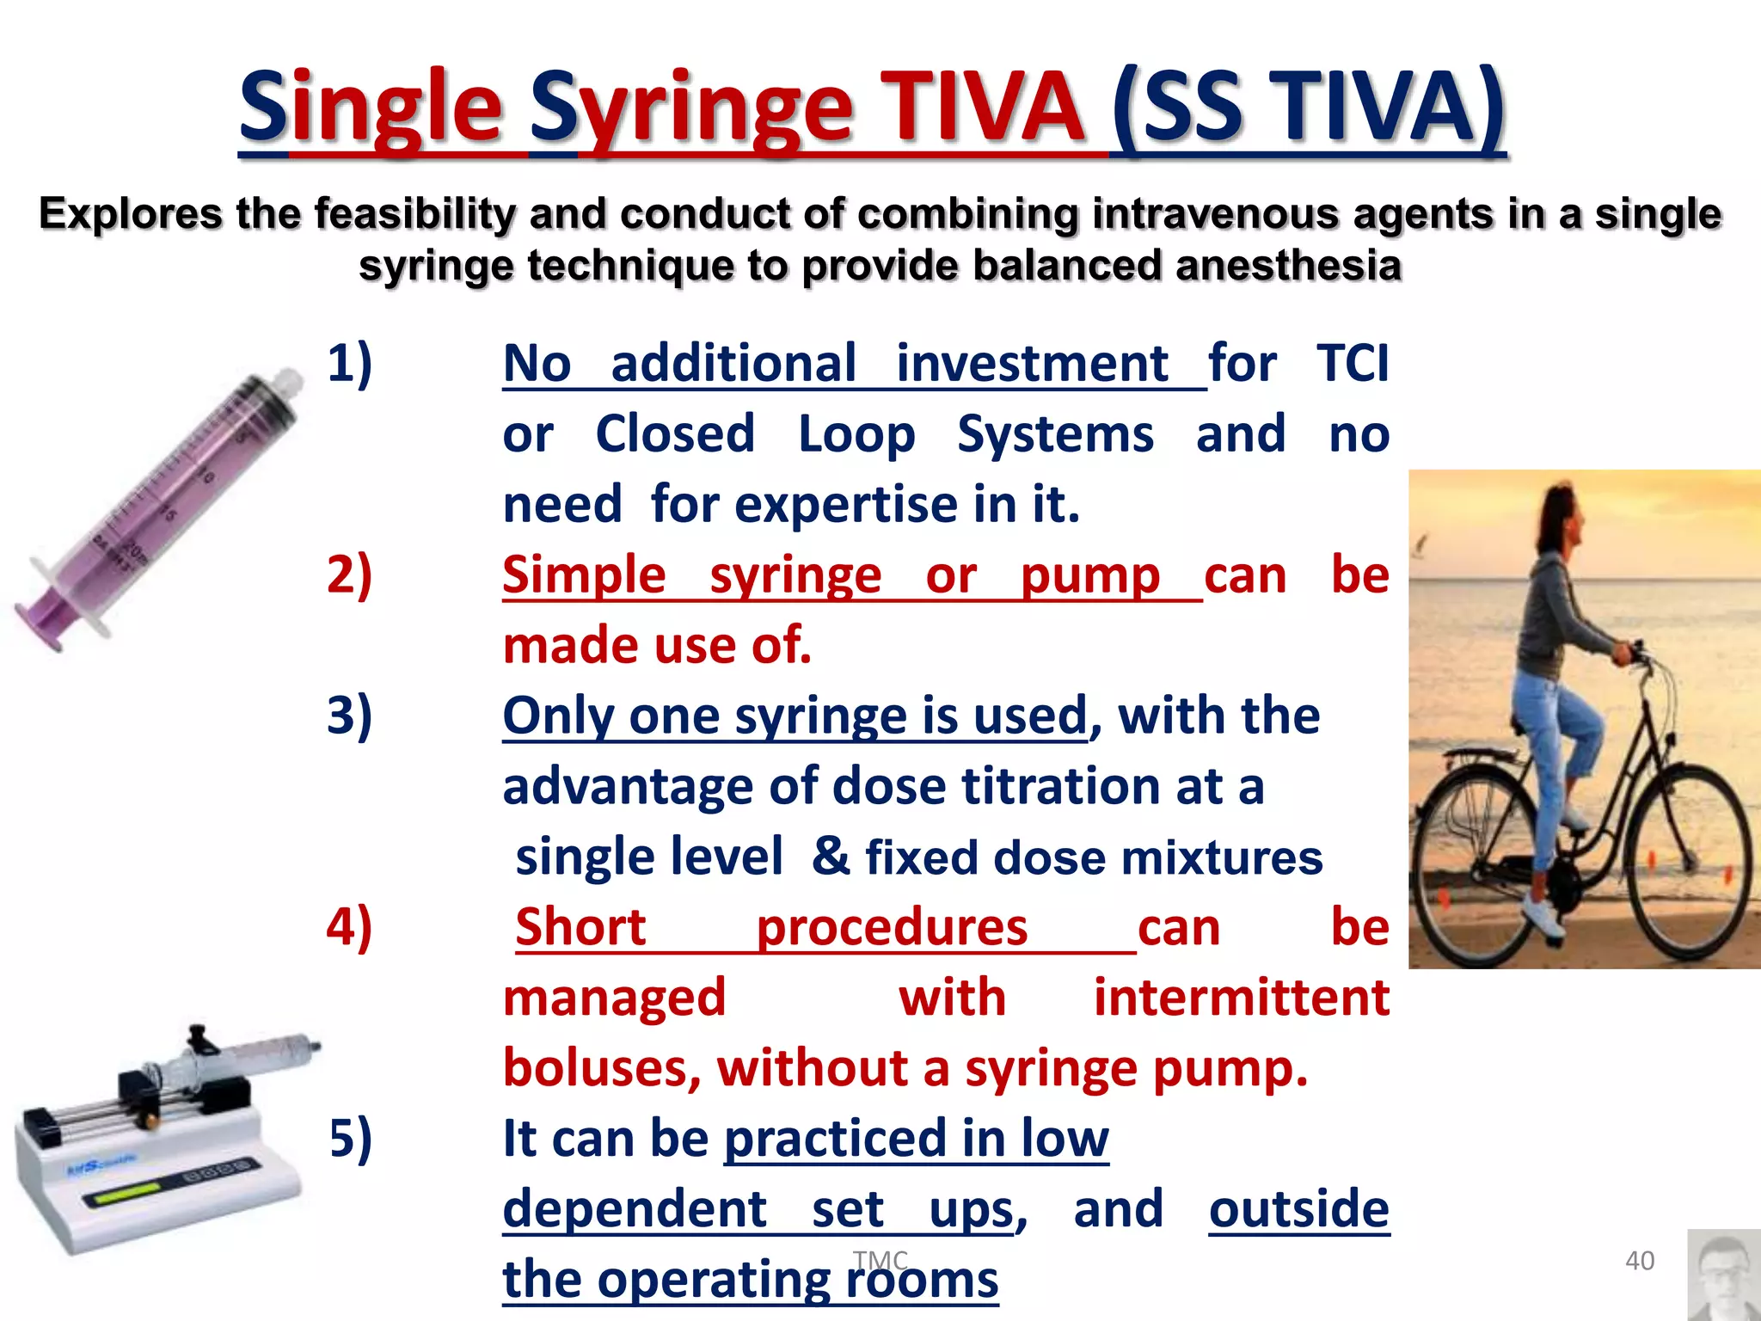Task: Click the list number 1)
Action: [x=349, y=363]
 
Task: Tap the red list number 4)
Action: [x=349, y=927]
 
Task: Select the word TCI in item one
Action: [x=1352, y=363]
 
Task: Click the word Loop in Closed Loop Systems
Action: [x=856, y=434]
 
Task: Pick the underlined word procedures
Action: [x=891, y=927]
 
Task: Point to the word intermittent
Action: [x=1241, y=998]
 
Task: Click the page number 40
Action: [x=1639, y=1261]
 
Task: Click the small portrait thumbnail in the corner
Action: [x=1723, y=1275]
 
